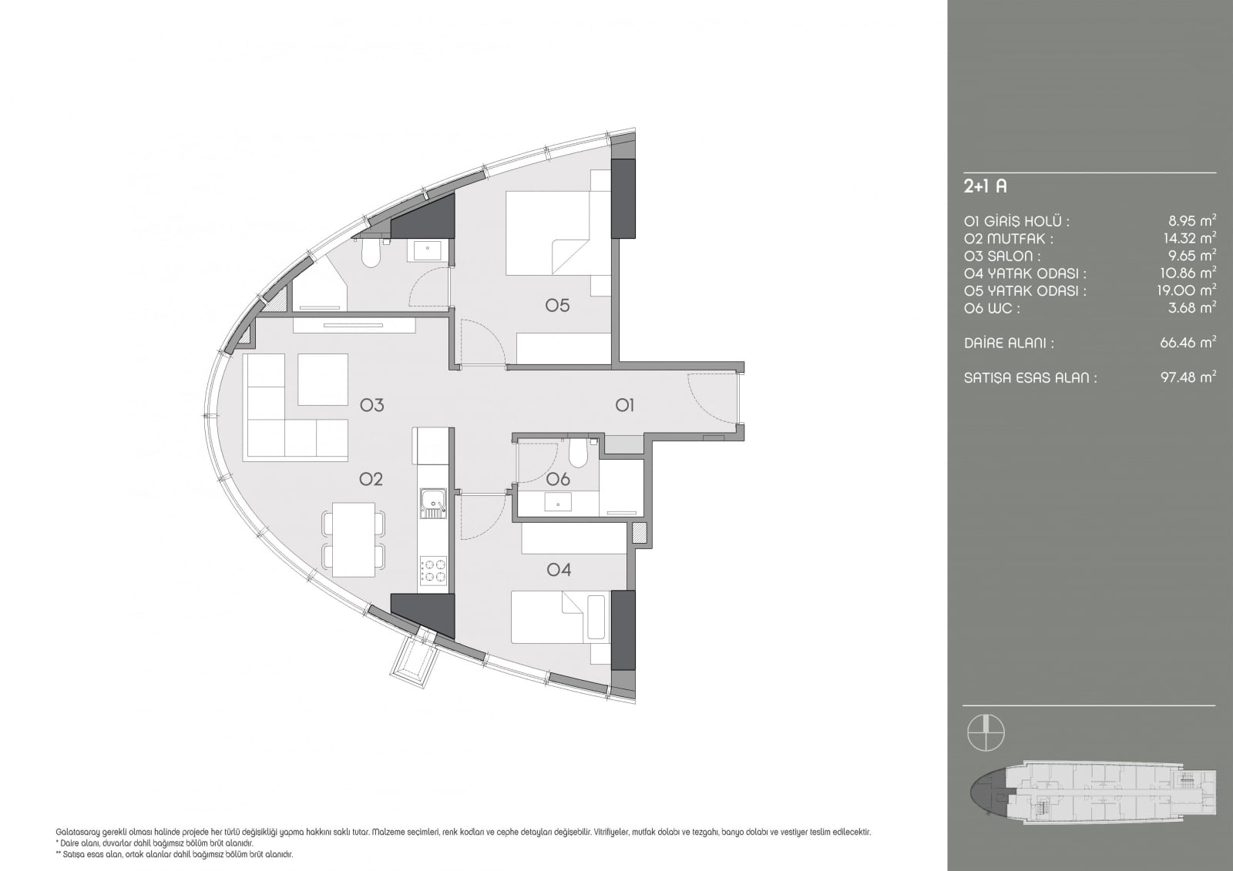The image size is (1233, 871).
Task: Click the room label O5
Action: pyautogui.click(x=557, y=305)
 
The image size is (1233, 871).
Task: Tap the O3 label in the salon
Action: pyautogui.click(x=371, y=406)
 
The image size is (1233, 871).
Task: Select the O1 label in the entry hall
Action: pyautogui.click(x=625, y=406)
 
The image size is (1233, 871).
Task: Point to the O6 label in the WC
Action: pyautogui.click(x=558, y=479)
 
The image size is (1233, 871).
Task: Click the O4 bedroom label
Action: pyautogui.click(x=559, y=569)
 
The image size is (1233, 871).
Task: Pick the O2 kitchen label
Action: pyautogui.click(x=371, y=479)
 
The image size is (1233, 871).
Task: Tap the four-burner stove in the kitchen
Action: pyautogui.click(x=434, y=570)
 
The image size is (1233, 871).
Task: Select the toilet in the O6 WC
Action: pyautogui.click(x=577, y=452)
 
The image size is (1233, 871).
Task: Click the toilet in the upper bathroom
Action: pyautogui.click(x=371, y=254)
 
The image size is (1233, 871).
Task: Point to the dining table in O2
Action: pyautogui.click(x=354, y=539)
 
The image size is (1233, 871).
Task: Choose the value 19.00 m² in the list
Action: pyautogui.click(x=1187, y=290)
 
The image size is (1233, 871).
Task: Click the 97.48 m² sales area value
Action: pyautogui.click(x=1188, y=377)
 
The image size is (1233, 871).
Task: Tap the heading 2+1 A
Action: pyautogui.click(x=986, y=186)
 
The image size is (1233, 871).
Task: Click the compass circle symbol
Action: pyautogui.click(x=986, y=733)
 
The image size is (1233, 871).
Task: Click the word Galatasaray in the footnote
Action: pyautogui.click(x=73, y=832)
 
